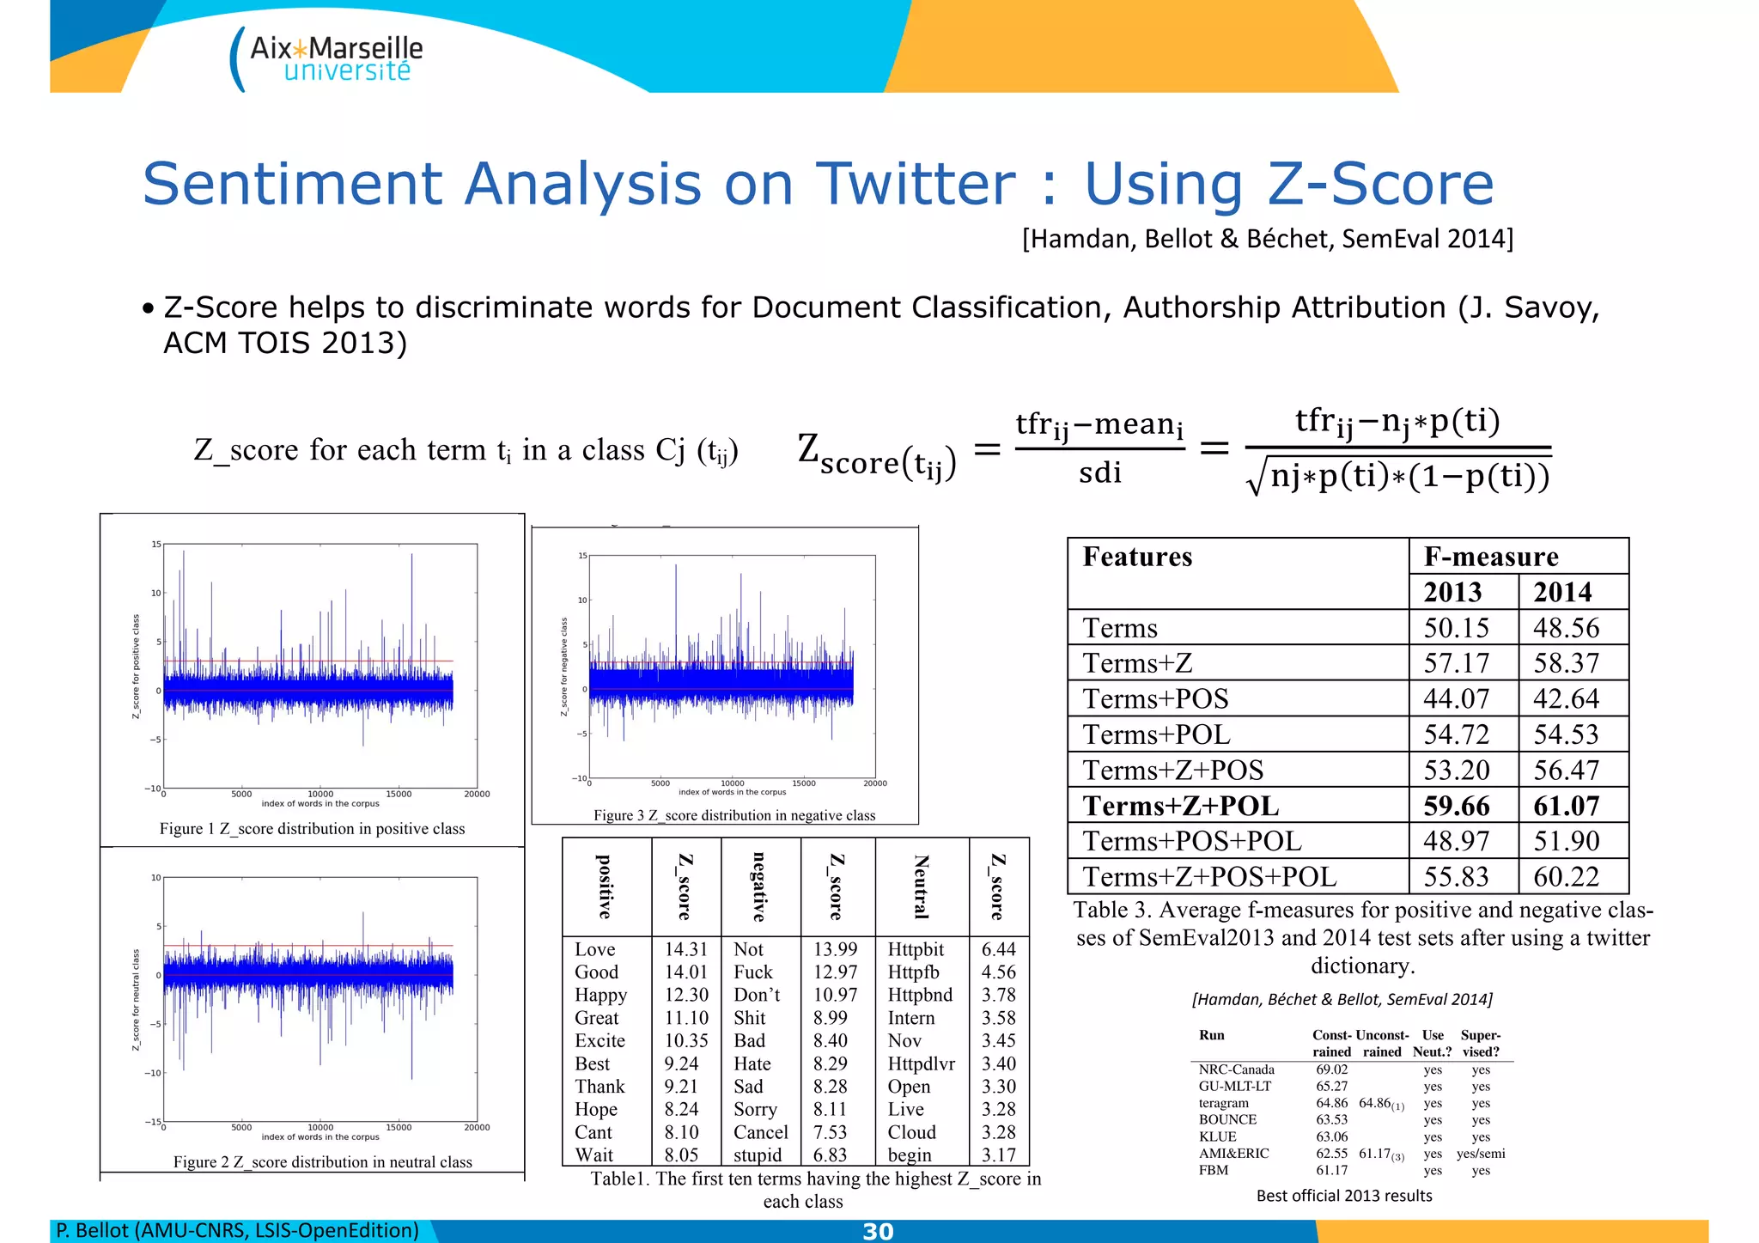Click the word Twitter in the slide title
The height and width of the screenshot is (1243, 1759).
[x=916, y=184]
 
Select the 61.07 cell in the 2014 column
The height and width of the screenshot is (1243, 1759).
[x=1566, y=806]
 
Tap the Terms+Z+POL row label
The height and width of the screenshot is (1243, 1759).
[x=1180, y=806]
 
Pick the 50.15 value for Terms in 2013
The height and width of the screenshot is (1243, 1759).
[x=1456, y=628]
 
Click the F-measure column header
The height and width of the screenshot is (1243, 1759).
[x=1490, y=557]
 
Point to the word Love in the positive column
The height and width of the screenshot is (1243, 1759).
[x=594, y=949]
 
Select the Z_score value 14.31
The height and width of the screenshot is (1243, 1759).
[x=685, y=949]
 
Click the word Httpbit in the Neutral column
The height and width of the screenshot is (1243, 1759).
[x=916, y=949]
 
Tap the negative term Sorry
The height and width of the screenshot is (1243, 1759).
[x=755, y=1109]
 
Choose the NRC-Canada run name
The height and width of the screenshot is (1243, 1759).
[x=1236, y=1069]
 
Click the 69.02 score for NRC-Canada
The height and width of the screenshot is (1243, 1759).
[x=1331, y=1069]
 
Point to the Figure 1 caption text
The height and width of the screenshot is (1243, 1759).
[x=312, y=829]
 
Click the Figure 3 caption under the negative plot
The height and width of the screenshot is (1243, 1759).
[x=734, y=815]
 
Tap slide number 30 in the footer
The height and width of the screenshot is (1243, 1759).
[x=878, y=1232]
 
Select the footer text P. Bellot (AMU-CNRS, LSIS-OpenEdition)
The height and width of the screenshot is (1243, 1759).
[x=237, y=1231]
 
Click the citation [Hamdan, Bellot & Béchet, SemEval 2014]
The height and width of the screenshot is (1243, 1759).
[x=1267, y=239]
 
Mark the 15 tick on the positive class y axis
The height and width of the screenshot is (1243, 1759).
[x=156, y=545]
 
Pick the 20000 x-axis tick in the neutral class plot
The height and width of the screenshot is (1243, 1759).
[x=477, y=1128]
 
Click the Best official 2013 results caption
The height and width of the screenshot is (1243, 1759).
[x=1343, y=1196]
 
